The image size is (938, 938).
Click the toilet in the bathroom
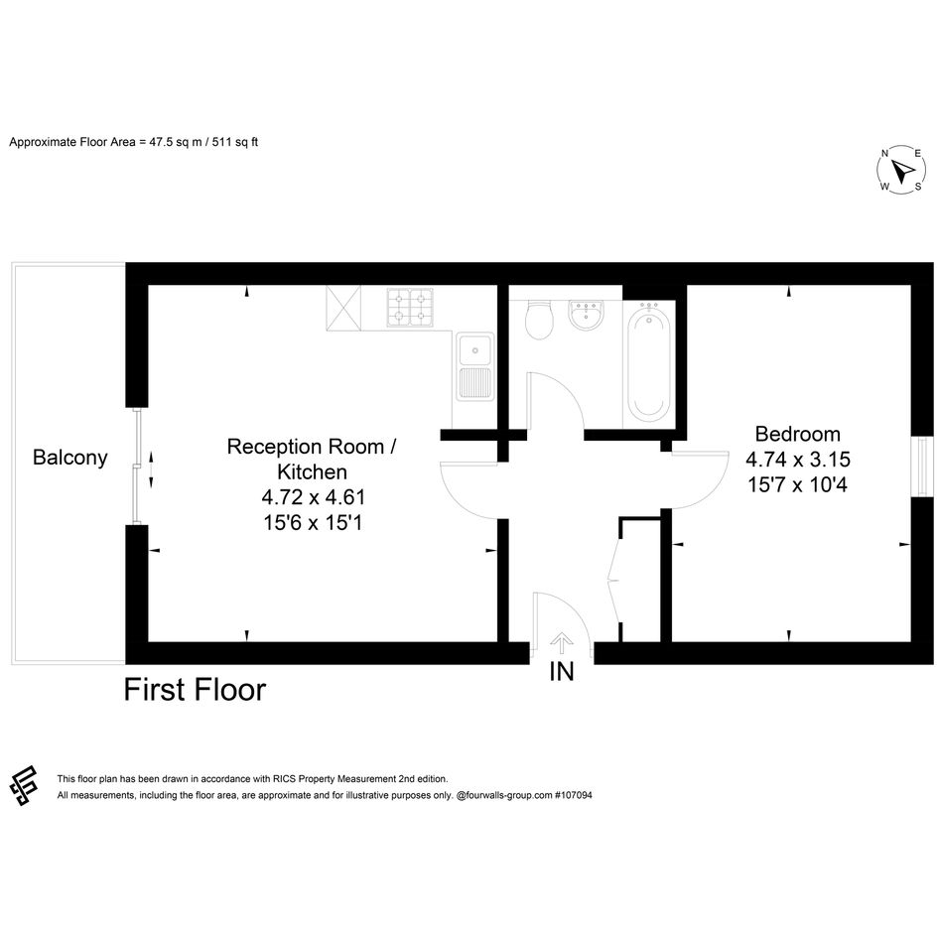(x=538, y=320)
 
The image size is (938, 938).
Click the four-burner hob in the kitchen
(x=410, y=307)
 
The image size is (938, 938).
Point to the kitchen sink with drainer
(x=475, y=366)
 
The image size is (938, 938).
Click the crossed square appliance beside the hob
(x=343, y=308)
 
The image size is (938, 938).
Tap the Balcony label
(x=70, y=458)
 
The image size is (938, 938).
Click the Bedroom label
(x=797, y=434)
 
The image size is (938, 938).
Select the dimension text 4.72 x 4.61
(x=313, y=497)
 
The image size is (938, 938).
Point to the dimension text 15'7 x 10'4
(x=797, y=484)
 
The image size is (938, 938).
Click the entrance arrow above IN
(x=561, y=643)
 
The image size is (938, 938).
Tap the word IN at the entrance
(x=561, y=671)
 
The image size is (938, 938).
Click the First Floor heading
(x=195, y=690)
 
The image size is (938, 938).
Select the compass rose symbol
(x=900, y=170)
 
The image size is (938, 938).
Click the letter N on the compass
(x=884, y=154)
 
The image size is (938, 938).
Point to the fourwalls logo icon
(x=24, y=785)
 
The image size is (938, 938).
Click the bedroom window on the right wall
(x=922, y=467)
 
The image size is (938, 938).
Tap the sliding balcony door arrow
(x=151, y=469)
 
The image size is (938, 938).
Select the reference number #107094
(x=573, y=795)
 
